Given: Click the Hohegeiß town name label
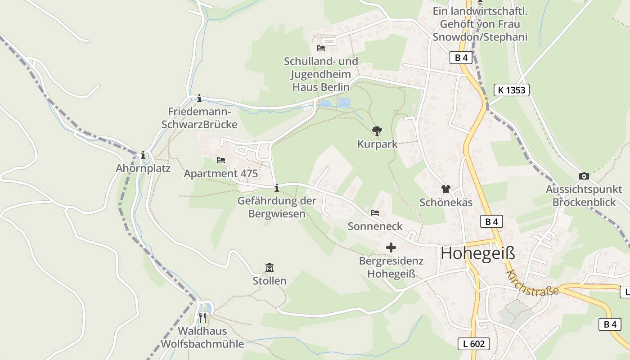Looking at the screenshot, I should pos(478,253).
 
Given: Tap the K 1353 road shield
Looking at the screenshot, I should pos(512,90).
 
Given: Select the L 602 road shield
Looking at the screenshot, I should pos(474,344).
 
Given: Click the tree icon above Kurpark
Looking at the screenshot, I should pos(377,131).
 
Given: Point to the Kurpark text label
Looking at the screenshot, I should pos(377,144).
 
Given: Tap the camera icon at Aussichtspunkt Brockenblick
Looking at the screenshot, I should pos(584,176).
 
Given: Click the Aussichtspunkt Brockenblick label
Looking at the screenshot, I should pos(584,196).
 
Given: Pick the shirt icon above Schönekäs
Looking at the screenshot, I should pos(445,189).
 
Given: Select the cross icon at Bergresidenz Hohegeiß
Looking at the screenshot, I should pos(391,247).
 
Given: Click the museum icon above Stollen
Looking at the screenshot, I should pos(270,268).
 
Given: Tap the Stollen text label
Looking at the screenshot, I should pos(270,281).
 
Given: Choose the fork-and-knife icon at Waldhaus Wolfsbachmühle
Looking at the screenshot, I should pos(202,318).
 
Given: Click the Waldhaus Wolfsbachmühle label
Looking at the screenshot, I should pos(202,337).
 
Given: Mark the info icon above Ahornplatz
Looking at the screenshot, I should pos(143,155).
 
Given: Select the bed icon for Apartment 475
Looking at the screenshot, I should pos(220,160).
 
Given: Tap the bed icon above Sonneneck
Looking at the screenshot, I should pos(375,213).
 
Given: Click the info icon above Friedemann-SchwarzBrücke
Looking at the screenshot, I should pos(199,99).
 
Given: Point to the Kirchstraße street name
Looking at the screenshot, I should pos(532,284).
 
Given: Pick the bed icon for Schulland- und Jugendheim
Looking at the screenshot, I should pos(321,48).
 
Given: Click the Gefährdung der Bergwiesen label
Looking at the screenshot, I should pos(277,207).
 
